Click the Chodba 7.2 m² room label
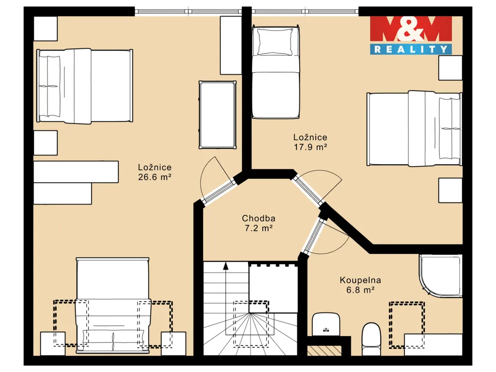(259, 223)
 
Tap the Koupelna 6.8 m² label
(360, 285)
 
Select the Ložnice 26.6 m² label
(155, 172)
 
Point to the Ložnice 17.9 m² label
(310, 142)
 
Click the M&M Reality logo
(411, 35)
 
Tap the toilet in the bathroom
(371, 339)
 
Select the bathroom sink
(326, 324)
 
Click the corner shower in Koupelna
(441, 276)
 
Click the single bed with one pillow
(276, 73)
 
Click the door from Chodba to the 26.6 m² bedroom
(217, 181)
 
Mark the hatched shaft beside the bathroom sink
(325, 350)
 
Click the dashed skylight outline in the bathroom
(407, 325)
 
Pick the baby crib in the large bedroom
(217, 115)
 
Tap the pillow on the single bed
(275, 42)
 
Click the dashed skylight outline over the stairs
(251, 324)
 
